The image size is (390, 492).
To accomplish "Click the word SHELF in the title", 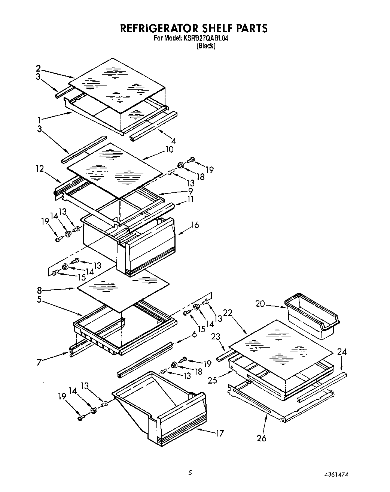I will tap(207, 28).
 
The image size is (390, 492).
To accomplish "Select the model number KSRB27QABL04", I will tap(206, 38).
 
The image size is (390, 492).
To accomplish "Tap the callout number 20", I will tap(260, 304).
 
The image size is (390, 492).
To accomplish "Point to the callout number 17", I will tap(220, 433).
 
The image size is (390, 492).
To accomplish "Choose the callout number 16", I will tap(195, 225).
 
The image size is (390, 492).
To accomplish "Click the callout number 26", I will tap(262, 438).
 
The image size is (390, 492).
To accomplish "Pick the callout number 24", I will tap(342, 352).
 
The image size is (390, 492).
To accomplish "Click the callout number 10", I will tap(169, 149).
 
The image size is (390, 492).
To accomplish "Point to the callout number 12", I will tap(40, 169).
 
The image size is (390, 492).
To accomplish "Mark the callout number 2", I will tap(38, 69).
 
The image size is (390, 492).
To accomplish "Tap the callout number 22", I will tap(228, 313).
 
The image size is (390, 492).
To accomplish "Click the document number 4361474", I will tap(337, 474).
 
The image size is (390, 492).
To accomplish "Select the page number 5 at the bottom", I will tap(190, 473).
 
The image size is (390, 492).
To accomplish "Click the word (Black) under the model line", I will tap(206, 46).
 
